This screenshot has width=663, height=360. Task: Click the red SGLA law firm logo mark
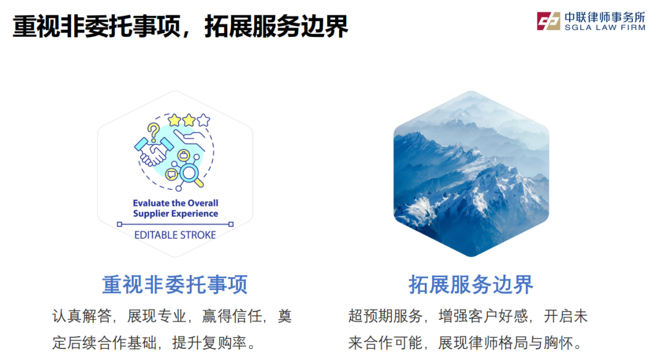pos(548,21)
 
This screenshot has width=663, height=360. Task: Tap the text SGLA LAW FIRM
pos(605,28)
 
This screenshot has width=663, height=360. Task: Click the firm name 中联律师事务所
pos(605,17)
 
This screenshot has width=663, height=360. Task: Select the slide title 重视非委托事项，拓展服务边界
pos(180,26)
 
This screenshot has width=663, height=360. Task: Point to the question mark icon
pos(153,131)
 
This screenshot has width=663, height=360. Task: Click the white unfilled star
pos(203,120)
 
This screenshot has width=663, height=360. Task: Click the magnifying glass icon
pos(191,174)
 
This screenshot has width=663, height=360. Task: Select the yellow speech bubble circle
pos(172,174)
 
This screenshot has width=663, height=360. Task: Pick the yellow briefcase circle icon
pos(184,155)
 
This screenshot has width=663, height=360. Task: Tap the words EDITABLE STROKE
pos(175,235)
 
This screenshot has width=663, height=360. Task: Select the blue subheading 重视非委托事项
pos(174,284)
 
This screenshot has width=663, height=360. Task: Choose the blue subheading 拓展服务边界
pos(471,284)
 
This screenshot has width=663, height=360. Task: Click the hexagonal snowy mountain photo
pos(471,174)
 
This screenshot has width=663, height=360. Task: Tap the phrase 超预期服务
pos(385,316)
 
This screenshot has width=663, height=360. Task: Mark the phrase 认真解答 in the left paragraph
pos(82,316)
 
